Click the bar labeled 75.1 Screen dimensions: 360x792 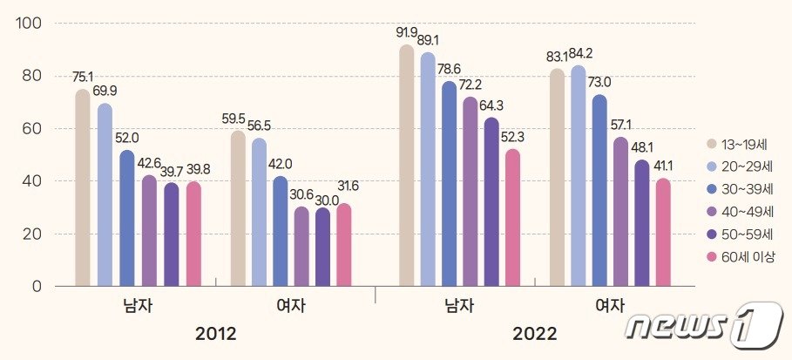[x=83, y=187]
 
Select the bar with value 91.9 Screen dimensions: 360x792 [x=406, y=166]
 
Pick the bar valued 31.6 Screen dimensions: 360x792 [x=344, y=244]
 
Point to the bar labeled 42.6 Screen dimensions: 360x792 [x=149, y=230]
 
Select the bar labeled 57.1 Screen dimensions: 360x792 [x=622, y=211]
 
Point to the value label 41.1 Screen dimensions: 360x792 [x=665, y=165]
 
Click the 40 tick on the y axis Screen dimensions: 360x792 [x=32, y=181]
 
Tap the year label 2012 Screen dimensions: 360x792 [x=215, y=334]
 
